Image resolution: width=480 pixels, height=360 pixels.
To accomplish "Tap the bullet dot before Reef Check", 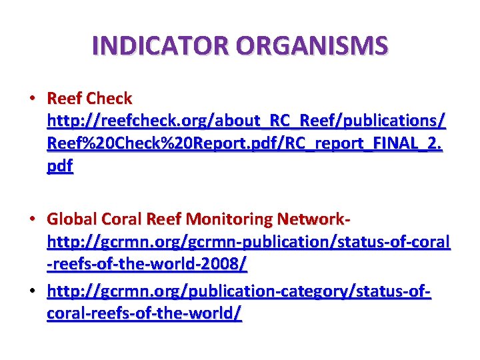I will tap(32, 99).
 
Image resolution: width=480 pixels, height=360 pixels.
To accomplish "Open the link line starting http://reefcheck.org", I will tap(247, 121).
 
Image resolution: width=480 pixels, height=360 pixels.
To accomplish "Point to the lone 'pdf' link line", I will tap(60, 166).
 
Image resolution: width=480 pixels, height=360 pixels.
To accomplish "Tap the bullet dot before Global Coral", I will tap(32, 219).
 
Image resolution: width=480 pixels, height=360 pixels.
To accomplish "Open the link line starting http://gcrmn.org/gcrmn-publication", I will tap(248, 241).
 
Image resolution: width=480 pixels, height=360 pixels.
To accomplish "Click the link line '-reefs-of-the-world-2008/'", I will tap(147, 264).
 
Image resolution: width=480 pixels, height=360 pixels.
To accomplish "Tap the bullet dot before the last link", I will tap(32, 291).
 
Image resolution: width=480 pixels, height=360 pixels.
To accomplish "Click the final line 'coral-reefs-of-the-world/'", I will tap(144, 313).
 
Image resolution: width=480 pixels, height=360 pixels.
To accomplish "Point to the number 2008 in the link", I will tap(221, 264).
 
